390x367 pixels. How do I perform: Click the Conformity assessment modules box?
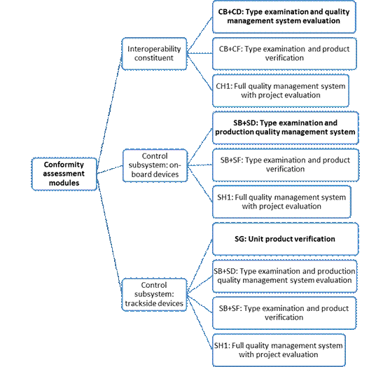[64, 174]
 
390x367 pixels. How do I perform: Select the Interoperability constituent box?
[154, 53]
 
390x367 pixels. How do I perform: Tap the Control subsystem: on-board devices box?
[155, 165]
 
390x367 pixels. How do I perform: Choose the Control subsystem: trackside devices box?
[154, 295]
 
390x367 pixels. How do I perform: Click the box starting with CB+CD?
[284, 17]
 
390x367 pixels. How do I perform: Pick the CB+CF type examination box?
[284, 54]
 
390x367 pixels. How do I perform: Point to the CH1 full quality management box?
[281, 91]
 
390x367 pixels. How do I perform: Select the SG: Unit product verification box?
[285, 239]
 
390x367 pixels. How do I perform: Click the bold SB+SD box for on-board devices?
[285, 128]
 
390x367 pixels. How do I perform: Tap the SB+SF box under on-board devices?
[286, 165]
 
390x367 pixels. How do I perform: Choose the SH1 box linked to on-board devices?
[281, 202]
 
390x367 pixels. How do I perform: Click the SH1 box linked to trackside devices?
[279, 350]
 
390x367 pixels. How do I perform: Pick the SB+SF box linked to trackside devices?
[284, 313]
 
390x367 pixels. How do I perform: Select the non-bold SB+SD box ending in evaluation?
[285, 276]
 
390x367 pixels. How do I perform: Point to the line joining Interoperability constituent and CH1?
[200, 72]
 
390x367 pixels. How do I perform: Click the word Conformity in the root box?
[64, 165]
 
